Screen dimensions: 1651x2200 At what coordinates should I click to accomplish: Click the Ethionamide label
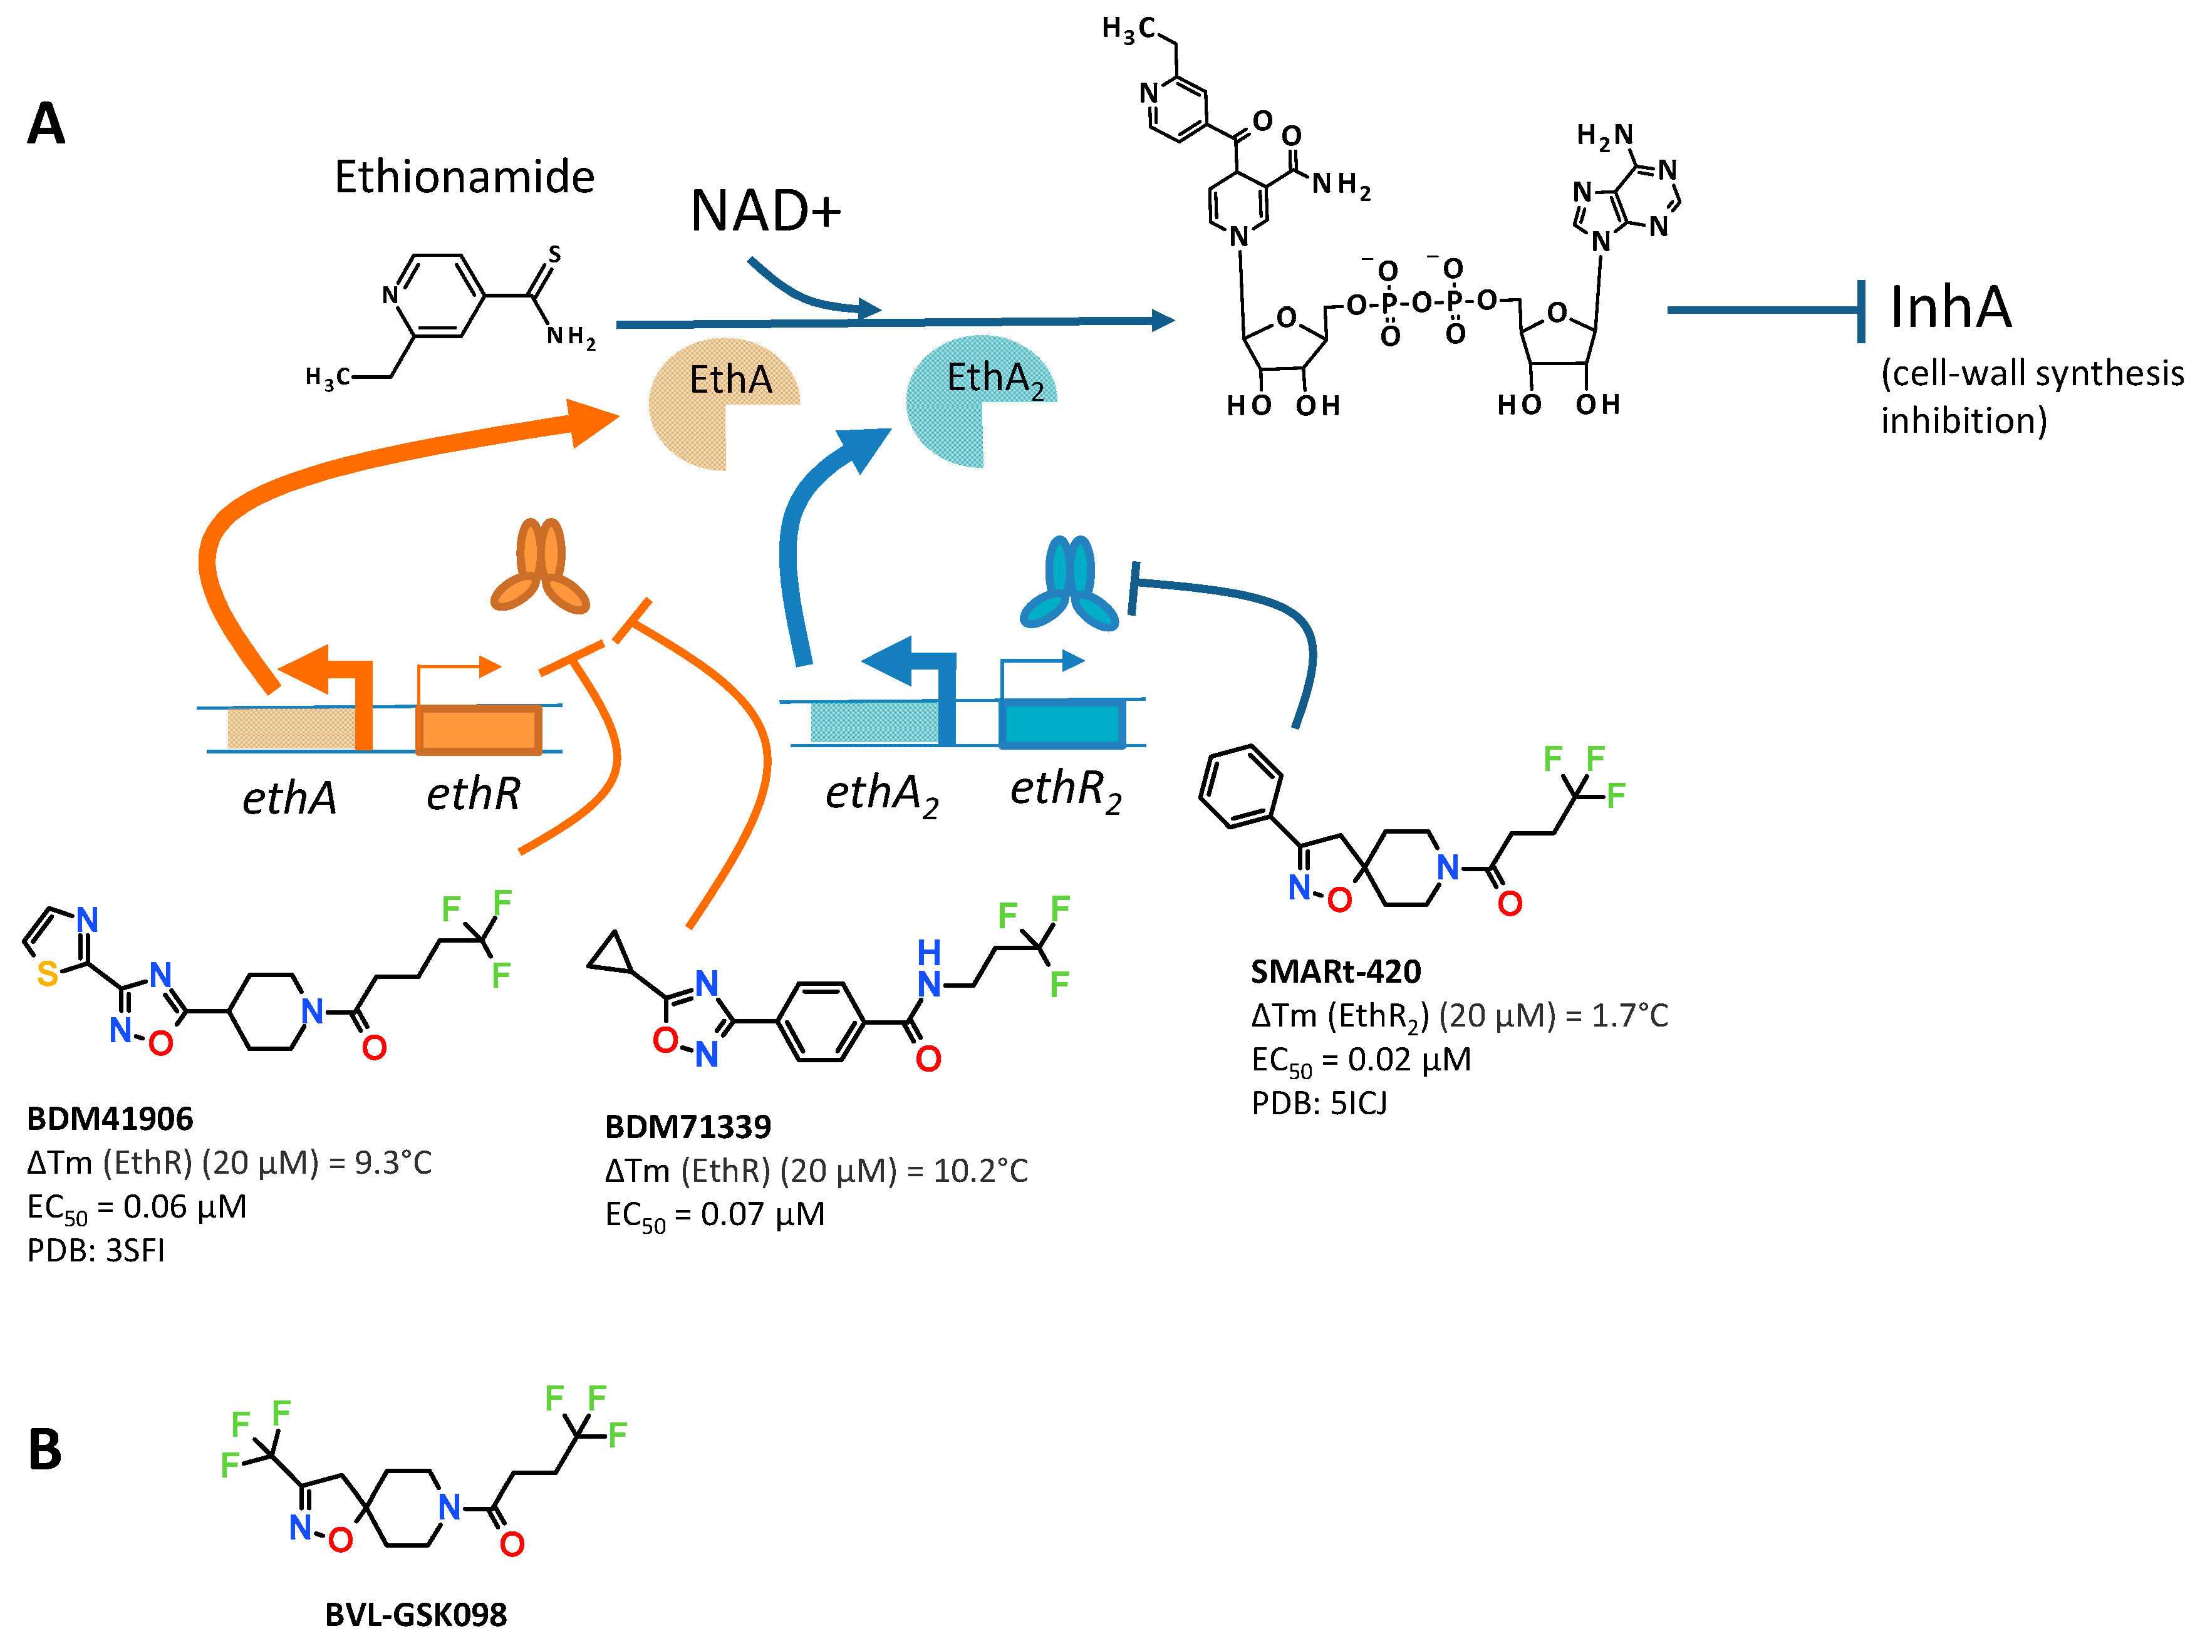coord(464,177)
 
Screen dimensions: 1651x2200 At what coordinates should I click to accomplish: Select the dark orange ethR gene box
coord(479,731)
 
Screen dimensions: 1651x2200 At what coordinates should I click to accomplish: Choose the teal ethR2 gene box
coord(1062,723)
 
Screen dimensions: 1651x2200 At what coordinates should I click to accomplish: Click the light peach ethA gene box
coord(291,728)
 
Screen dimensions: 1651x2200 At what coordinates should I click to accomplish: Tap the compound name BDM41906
coord(110,1119)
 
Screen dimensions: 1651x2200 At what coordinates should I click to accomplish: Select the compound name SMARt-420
coord(1335,971)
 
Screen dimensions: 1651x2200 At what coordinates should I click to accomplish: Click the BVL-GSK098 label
coord(416,1614)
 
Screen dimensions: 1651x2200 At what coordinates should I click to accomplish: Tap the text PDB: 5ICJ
coord(1318,1103)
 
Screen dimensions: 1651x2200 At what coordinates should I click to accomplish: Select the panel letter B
coord(44,1450)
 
